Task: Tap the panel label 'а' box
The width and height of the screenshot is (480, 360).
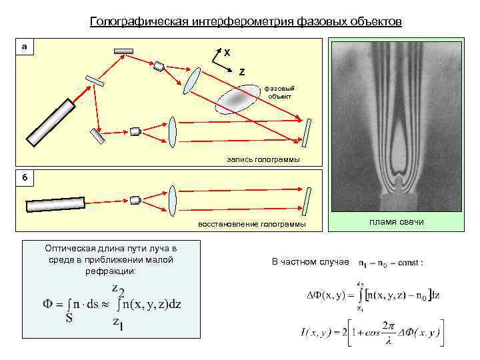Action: pyautogui.click(x=25, y=47)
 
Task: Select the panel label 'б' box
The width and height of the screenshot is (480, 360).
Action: pyautogui.click(x=25, y=177)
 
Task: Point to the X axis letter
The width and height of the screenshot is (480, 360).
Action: pyautogui.click(x=227, y=52)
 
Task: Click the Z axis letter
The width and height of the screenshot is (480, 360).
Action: pyautogui.click(x=241, y=71)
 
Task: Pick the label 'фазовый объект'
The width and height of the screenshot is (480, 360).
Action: pyautogui.click(x=280, y=91)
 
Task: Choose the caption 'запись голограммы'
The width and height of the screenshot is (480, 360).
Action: pyautogui.click(x=263, y=159)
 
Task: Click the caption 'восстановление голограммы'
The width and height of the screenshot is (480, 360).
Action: pyautogui.click(x=252, y=224)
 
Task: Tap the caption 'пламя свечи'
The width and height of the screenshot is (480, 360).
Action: pyautogui.click(x=396, y=221)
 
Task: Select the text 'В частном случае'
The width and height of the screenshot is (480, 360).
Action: pyautogui.click(x=309, y=261)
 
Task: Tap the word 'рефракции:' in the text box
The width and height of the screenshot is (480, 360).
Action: pyautogui.click(x=111, y=271)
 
